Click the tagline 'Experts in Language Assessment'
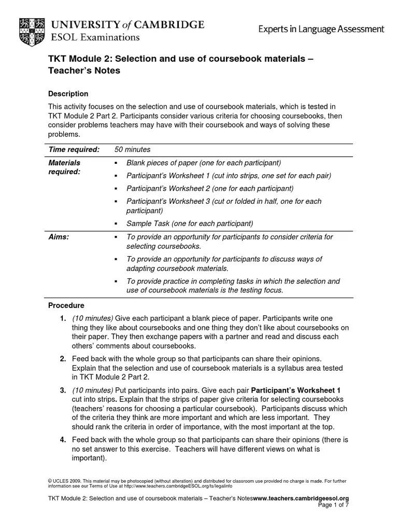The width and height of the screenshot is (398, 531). pos(322,30)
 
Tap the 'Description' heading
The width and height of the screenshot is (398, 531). pos(68,94)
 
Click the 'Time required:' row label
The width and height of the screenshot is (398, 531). pos(74,149)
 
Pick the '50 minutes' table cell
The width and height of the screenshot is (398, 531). pos(132,149)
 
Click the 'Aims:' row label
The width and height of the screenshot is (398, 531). pos(59,236)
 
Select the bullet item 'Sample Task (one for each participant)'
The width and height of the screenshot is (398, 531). pos(190,223)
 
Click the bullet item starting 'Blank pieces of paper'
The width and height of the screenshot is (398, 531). pos(204,163)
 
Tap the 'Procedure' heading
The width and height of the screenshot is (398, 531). pos(66,305)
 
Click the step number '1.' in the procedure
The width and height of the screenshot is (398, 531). pos(62,318)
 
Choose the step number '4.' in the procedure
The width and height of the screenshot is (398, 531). pos(62,440)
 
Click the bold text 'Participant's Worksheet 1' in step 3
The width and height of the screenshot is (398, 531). pos(295,390)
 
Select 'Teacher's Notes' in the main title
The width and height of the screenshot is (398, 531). pos(84,71)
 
